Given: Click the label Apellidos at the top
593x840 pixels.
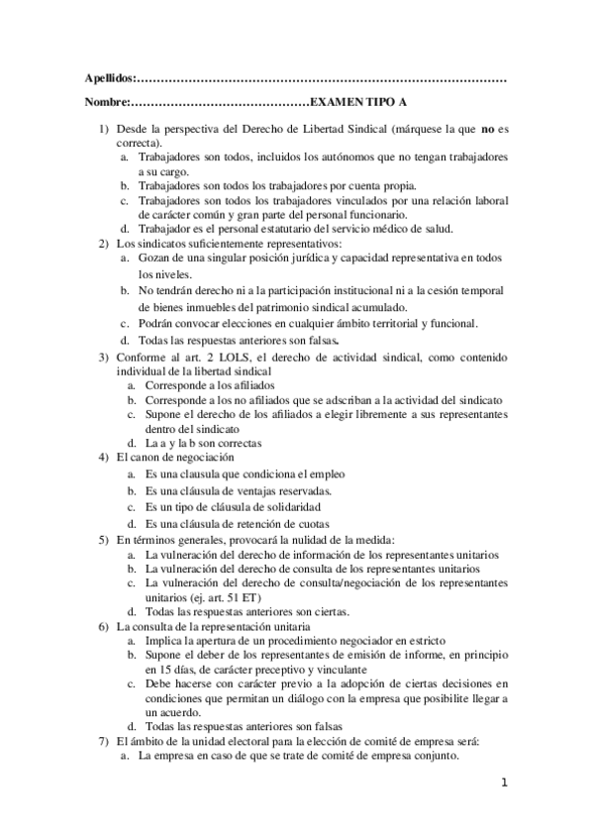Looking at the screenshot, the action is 108,78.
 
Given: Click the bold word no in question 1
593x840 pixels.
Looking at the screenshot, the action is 487,129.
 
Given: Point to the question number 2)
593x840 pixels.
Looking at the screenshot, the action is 103,243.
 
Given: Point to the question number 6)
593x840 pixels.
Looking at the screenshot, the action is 103,627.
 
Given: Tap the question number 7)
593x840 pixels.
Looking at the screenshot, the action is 103,740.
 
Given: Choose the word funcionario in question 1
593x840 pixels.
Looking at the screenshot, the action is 375,214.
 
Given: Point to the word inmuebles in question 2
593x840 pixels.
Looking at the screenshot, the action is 201,306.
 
